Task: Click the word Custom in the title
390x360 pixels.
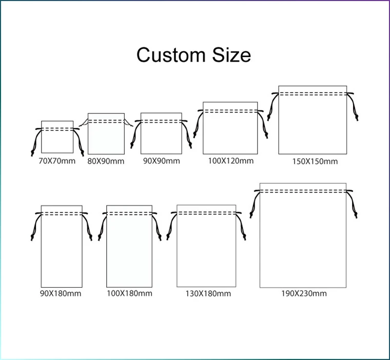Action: (x=170, y=54)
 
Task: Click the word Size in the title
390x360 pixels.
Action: (x=230, y=54)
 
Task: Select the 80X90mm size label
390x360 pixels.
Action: (x=106, y=161)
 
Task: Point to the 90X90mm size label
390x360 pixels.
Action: (x=161, y=161)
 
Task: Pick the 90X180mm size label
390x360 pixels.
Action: (x=61, y=293)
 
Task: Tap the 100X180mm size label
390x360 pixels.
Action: (x=129, y=293)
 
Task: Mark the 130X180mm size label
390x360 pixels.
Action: (x=208, y=294)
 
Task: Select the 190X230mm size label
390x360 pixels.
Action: (x=303, y=294)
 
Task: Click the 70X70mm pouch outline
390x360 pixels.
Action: (x=57, y=139)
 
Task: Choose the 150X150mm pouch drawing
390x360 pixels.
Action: (x=313, y=123)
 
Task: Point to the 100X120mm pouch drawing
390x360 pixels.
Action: (x=230, y=131)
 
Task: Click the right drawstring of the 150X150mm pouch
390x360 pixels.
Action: (x=354, y=106)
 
